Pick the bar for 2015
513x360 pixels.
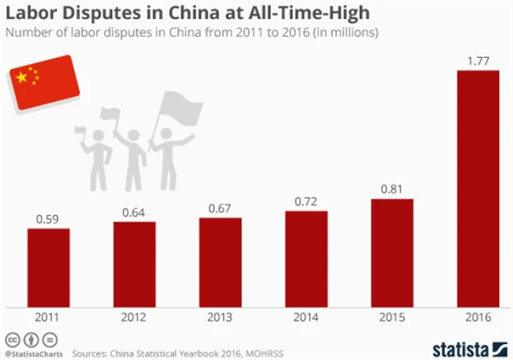coord(392,253)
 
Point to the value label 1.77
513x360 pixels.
coord(478,60)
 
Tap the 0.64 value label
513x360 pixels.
coord(134,212)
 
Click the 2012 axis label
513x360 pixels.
coord(134,318)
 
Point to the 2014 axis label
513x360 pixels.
coord(306,318)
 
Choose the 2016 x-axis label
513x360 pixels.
coord(478,318)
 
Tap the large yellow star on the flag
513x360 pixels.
coord(22,77)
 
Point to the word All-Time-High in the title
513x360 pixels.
coord(300,13)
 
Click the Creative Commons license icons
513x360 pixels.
coord(25,337)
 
